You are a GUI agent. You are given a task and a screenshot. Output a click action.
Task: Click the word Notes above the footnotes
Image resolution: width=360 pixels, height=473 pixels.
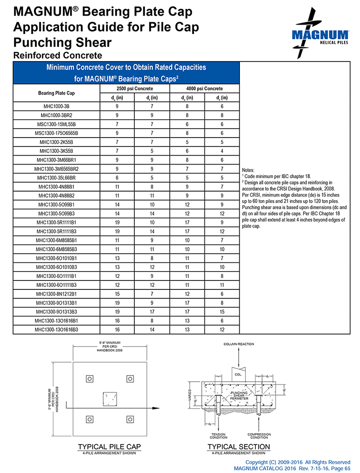tap(247, 170)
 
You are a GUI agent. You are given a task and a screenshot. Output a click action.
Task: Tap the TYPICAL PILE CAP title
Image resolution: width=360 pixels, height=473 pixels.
tap(109, 447)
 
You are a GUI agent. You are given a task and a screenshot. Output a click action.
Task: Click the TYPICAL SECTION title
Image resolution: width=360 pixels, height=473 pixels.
tap(238, 447)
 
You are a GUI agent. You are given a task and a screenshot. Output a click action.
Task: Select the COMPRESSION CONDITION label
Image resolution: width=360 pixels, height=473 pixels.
tap(259, 436)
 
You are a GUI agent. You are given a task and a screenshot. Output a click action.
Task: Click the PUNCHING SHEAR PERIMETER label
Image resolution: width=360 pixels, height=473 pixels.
tap(238, 396)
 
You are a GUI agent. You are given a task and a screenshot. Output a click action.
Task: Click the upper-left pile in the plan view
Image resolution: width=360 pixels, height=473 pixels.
tap(89, 378)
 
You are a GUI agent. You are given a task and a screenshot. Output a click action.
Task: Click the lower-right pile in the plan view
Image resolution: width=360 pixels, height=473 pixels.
tap(130, 419)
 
